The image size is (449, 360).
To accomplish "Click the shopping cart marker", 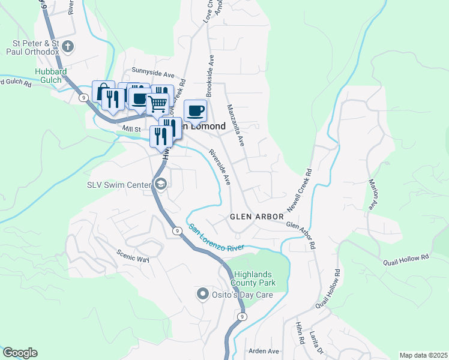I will pyautogui.click(x=158, y=103).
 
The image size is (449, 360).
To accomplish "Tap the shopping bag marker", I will pyautogui.click(x=103, y=92).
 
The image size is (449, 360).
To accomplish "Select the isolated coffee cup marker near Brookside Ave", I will pyautogui.click(x=195, y=110).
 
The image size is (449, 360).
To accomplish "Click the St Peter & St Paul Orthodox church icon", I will pyautogui.click(x=68, y=46).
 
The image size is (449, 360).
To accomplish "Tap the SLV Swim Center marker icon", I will pyautogui.click(x=160, y=185).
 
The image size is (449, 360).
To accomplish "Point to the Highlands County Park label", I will pyautogui.click(x=253, y=278).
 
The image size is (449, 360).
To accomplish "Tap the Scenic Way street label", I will pyautogui.click(x=133, y=256).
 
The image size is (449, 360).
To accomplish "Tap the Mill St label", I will pyautogui.click(x=130, y=128).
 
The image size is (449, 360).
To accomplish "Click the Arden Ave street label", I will pyautogui.click(x=265, y=351).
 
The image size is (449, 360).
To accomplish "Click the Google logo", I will pyautogui.click(x=20, y=353).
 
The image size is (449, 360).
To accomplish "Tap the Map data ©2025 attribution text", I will pyautogui.click(x=423, y=355).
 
